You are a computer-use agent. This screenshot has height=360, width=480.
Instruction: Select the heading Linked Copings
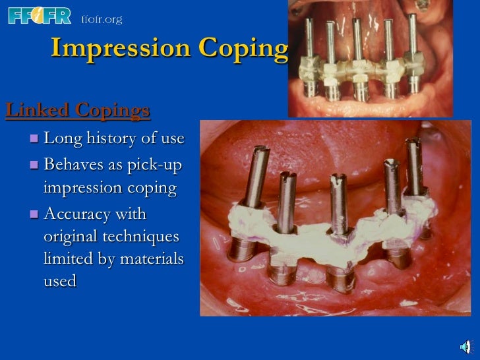78,110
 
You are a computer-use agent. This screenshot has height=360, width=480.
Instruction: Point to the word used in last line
60,282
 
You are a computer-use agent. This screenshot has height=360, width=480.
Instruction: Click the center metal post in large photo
339,204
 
